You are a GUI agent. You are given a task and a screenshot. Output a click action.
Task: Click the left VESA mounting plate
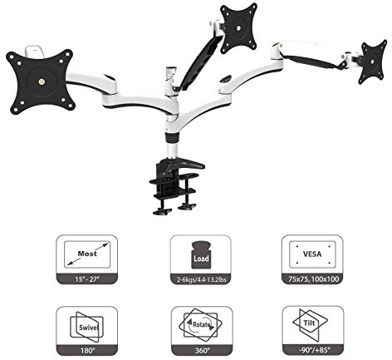(x=41, y=81)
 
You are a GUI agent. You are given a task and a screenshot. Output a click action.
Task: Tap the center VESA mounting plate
(x=238, y=27)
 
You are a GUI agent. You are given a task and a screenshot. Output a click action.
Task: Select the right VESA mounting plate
(x=372, y=62)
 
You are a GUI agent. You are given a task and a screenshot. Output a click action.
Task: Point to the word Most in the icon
(x=87, y=254)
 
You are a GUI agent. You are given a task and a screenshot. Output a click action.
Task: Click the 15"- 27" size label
(x=87, y=279)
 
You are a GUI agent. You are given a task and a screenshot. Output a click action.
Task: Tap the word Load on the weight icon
(x=201, y=259)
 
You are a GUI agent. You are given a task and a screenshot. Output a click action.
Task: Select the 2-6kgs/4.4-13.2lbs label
(x=202, y=279)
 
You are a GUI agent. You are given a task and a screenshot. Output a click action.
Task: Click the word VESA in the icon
(x=312, y=254)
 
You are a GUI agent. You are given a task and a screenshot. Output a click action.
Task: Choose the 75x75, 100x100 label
(x=313, y=279)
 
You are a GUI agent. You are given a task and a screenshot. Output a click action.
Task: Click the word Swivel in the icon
(x=89, y=328)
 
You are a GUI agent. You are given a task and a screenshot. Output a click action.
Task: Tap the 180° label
(x=88, y=350)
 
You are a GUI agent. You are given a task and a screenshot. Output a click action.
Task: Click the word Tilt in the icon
(x=309, y=323)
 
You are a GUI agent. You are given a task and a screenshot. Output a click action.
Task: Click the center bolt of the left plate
(x=42, y=81)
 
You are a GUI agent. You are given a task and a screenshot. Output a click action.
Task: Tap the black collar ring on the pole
(x=173, y=137)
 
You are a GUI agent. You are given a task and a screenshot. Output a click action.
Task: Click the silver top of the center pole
(x=171, y=71)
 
